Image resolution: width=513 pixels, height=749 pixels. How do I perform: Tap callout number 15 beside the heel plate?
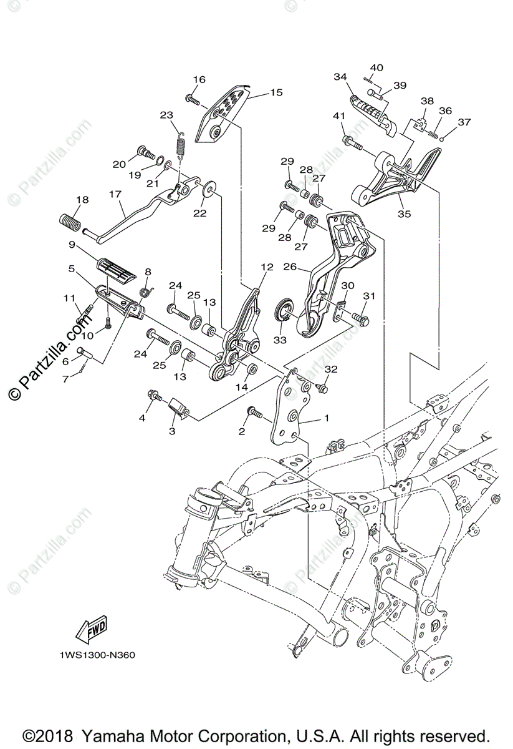pos(276,92)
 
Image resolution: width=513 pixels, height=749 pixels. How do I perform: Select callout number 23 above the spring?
pos(166,115)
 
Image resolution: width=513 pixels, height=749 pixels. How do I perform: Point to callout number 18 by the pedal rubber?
pos(82,200)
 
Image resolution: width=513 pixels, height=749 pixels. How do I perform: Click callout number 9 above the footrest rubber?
pos(72,244)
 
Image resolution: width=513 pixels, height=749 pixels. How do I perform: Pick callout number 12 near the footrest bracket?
pos(267,267)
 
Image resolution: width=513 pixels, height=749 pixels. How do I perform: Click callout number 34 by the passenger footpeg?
pos(340,77)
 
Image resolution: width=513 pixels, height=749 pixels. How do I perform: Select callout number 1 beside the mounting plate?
pos(325,418)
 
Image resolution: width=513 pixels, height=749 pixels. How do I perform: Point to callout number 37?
pos(464,122)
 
